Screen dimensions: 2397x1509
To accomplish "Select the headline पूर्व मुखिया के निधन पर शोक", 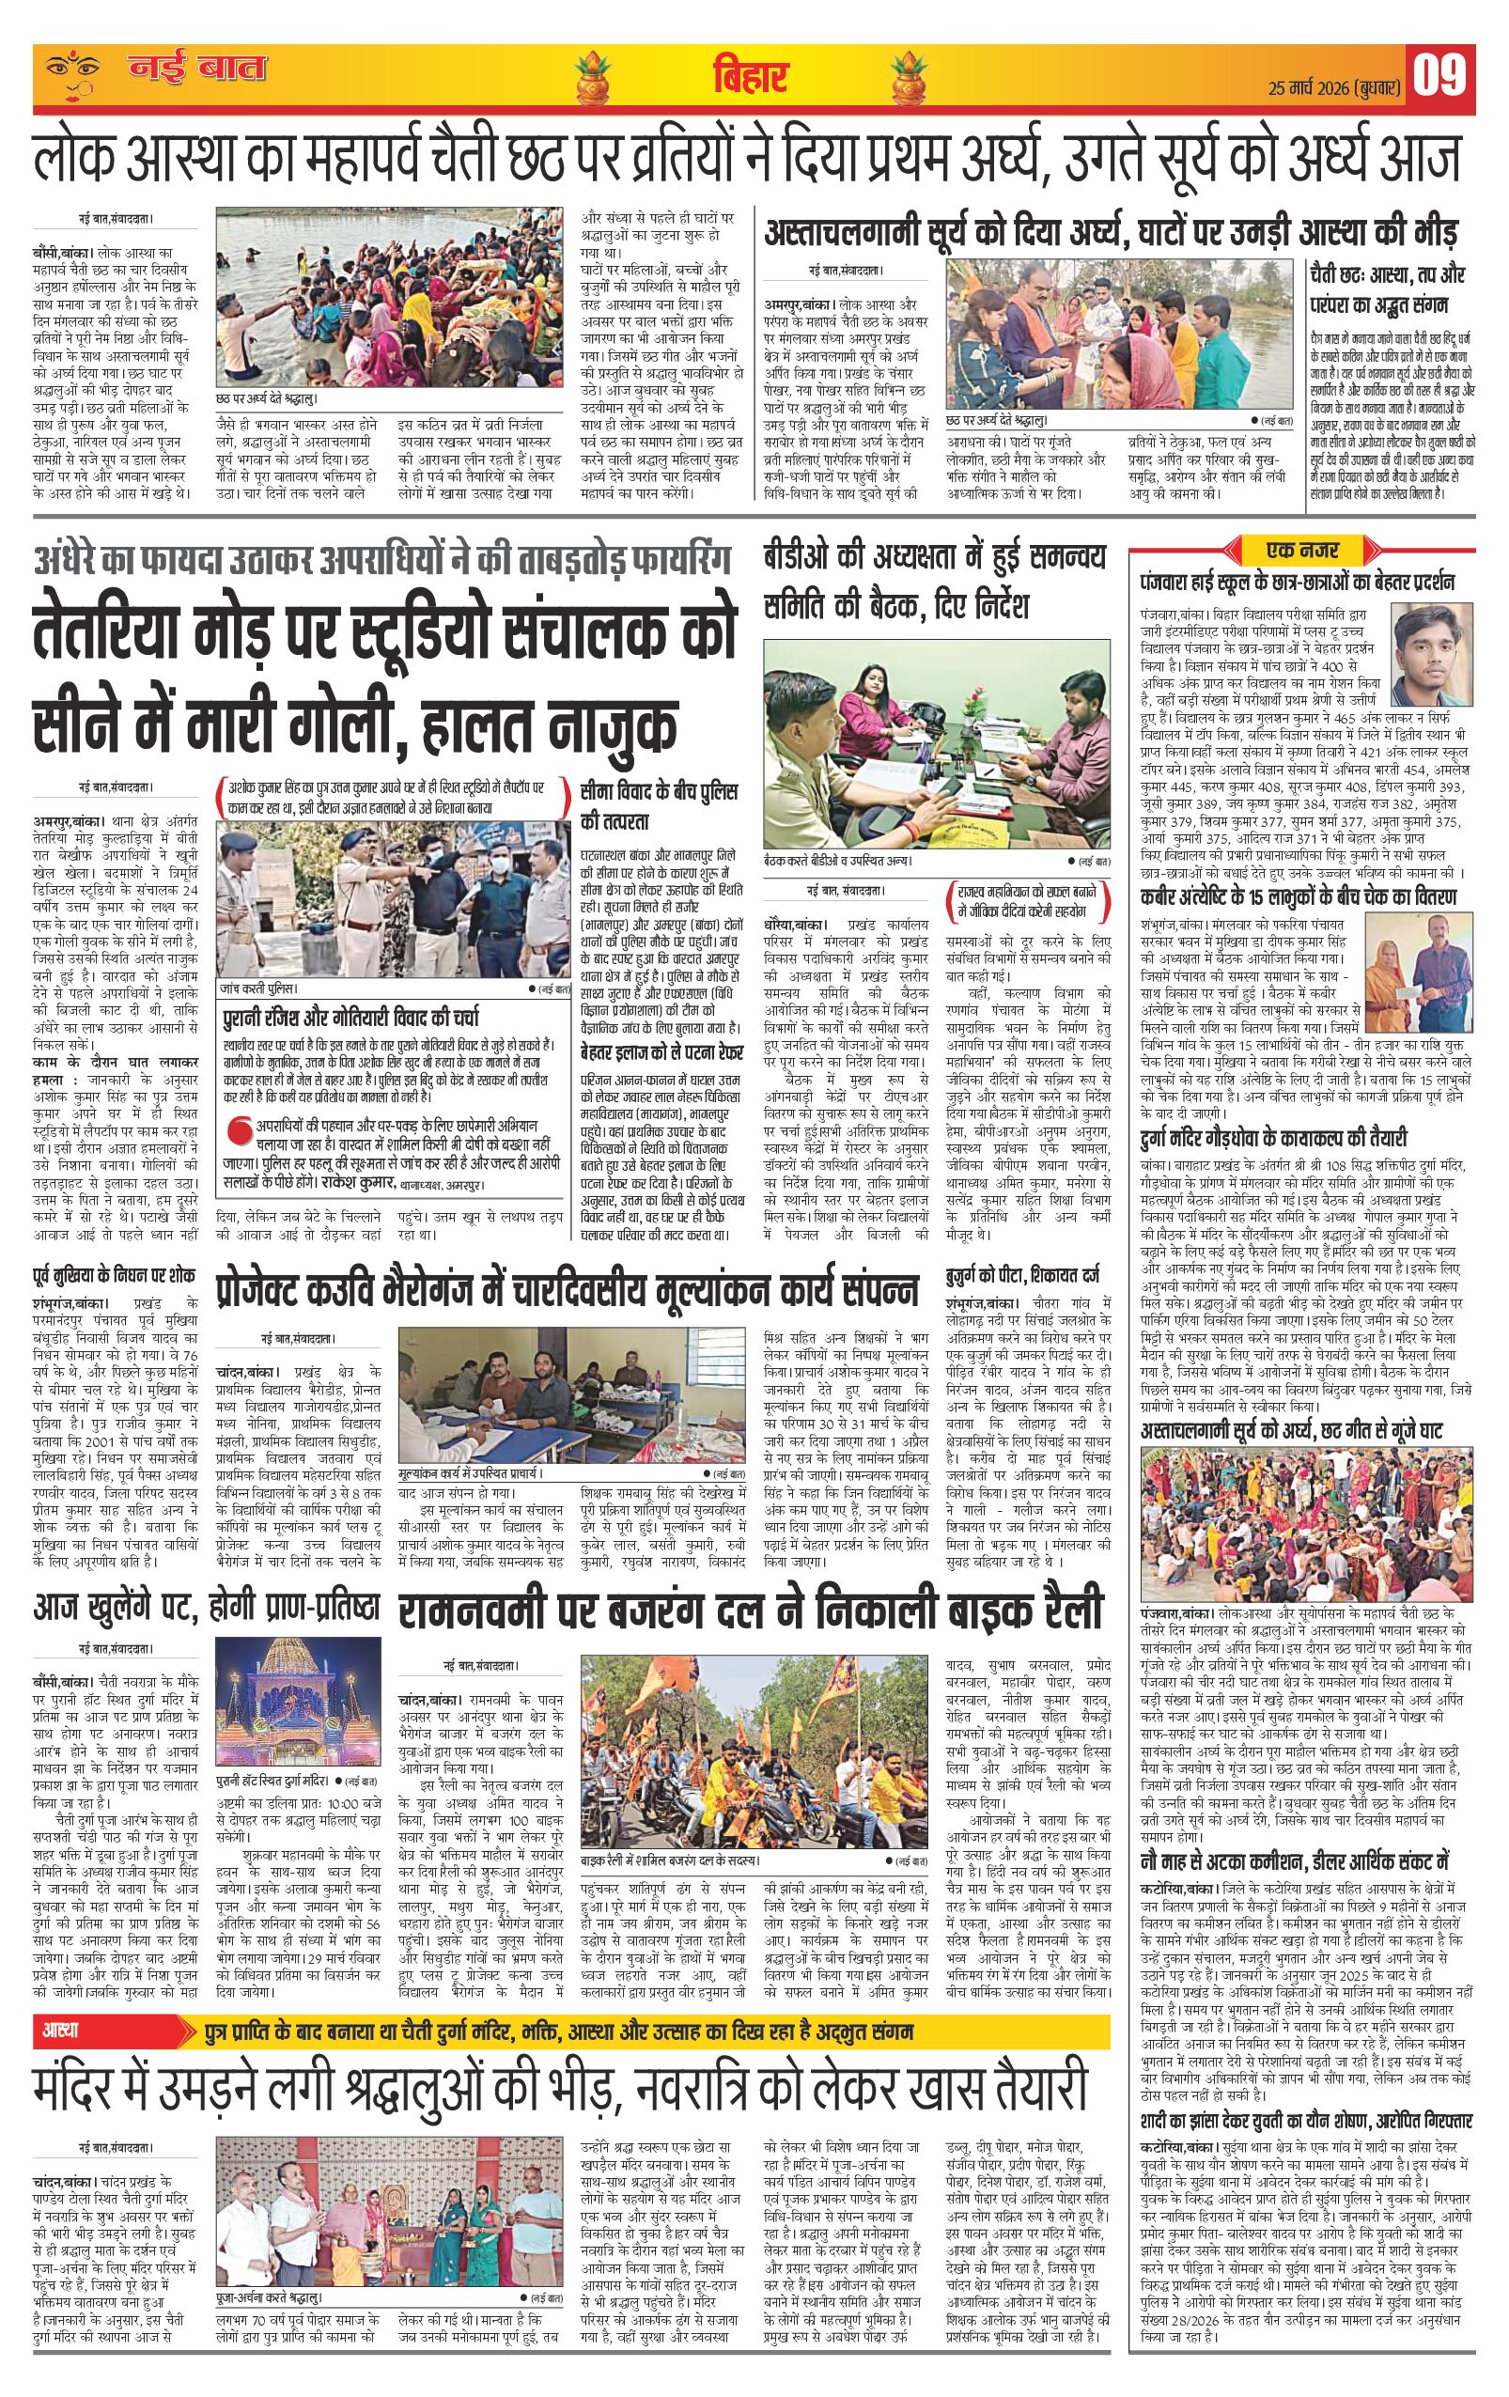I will click(x=114, y=1277).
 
